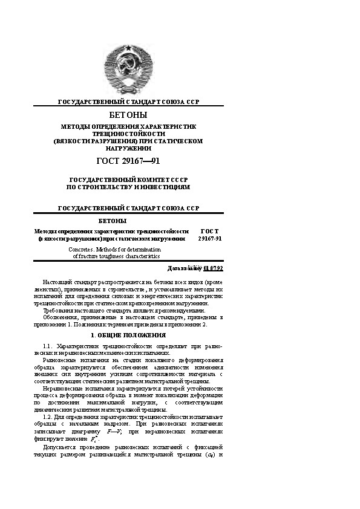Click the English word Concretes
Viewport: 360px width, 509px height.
[x=82, y=249]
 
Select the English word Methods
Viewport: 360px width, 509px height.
[x=110, y=249]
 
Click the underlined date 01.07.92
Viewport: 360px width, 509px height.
[x=214, y=268]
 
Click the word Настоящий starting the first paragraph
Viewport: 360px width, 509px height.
[x=56, y=282]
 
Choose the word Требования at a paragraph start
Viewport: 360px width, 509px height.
[x=57, y=310]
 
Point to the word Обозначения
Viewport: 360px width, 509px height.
[x=59, y=317]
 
